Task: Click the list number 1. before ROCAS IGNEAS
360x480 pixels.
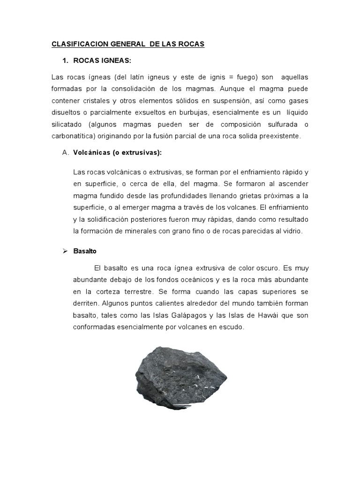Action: [x=66, y=62]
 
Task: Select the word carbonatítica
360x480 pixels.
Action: [x=71, y=136]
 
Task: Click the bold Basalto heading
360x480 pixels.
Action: [x=85, y=251]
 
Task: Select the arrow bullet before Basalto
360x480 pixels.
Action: [x=65, y=251]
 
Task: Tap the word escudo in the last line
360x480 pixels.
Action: [x=232, y=327]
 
